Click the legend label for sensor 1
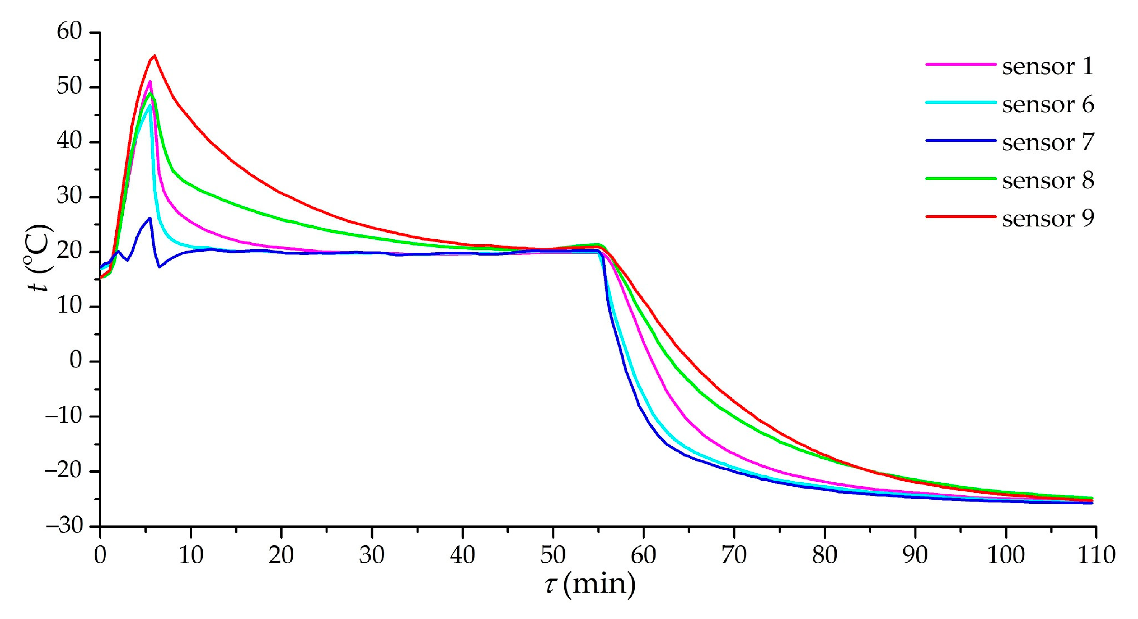tap(1047, 66)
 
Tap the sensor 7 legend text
tap(1047, 142)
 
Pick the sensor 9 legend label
tap(1047, 218)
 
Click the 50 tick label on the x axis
tap(552, 555)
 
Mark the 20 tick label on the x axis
tap(281, 555)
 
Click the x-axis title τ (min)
tap(590, 584)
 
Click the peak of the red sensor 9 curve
tap(154, 56)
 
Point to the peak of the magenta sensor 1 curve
tap(150, 81)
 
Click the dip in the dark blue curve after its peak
tap(159, 267)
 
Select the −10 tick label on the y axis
tap(64, 416)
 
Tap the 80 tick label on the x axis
tap(824, 555)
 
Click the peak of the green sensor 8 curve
tap(150, 93)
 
